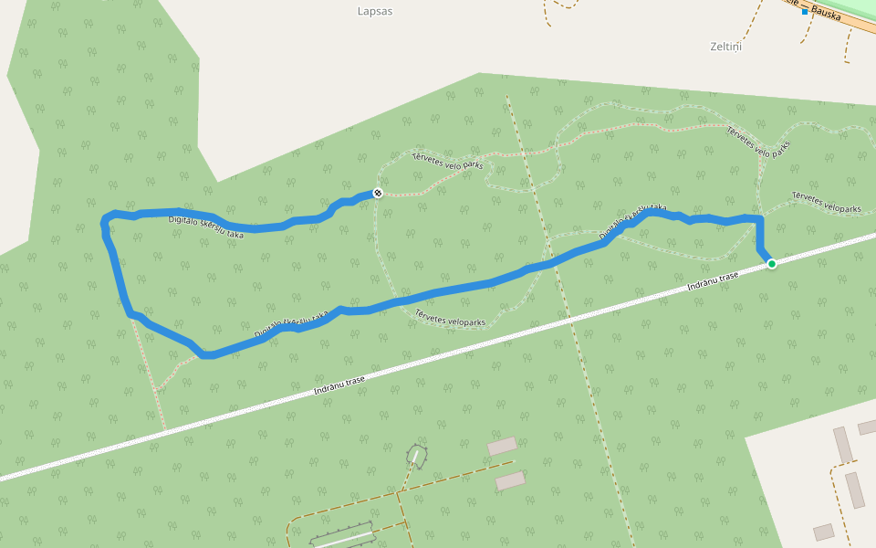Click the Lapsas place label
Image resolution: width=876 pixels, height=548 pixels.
(x=374, y=12)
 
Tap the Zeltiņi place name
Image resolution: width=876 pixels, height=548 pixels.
(x=725, y=46)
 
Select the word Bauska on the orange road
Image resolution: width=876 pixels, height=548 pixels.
(x=825, y=15)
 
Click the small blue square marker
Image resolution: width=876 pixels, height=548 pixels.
(x=805, y=12)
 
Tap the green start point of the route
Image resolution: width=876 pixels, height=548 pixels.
(x=772, y=264)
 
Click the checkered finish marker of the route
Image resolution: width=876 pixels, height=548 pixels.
(x=377, y=193)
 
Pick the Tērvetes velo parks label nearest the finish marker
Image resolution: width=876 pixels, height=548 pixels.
(x=447, y=161)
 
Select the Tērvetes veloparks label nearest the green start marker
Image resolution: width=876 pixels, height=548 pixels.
(x=826, y=202)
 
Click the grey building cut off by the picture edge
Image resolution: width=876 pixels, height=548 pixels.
(x=867, y=427)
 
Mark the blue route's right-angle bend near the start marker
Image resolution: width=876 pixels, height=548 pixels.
(x=759, y=219)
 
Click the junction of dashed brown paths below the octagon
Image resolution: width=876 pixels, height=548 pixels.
(x=400, y=494)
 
